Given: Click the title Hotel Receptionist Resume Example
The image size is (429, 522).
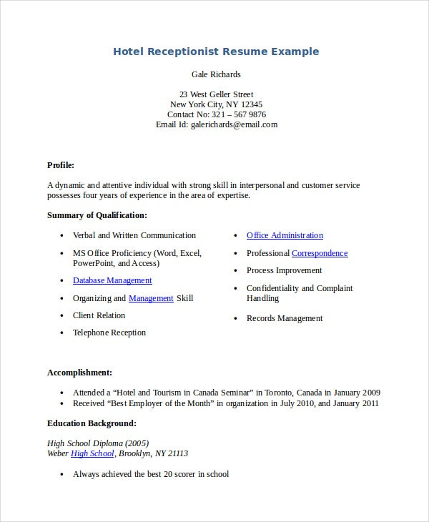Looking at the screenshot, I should pos(216,51).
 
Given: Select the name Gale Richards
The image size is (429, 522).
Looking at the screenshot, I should pos(216,74).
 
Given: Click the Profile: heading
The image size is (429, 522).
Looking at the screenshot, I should pos(61,164).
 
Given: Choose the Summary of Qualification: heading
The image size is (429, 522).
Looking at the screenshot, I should pos(97,215).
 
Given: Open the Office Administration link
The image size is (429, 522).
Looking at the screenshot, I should pos(285,235).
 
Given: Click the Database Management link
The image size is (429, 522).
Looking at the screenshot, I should pos(112,281).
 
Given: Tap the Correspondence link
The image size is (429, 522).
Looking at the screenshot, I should pos(320,253).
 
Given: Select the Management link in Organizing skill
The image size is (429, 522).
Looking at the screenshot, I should pos(151,298).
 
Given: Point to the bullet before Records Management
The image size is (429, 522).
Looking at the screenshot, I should pos(235,319).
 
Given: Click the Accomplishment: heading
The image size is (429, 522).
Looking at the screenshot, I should pos(79,373).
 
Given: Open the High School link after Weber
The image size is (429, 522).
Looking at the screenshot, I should pos(92,453).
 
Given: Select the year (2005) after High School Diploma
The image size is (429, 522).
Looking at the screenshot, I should pos(136,443).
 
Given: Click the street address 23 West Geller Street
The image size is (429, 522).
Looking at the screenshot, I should pos(216,94).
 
